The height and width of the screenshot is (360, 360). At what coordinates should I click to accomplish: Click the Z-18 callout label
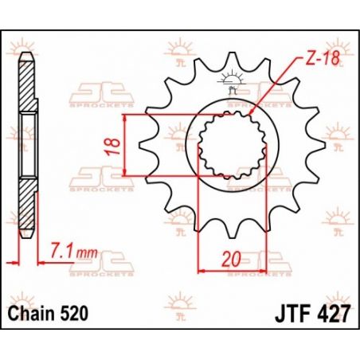pyautogui.click(x=323, y=58)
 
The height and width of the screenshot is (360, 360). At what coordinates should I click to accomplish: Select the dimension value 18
pyautogui.click(x=112, y=146)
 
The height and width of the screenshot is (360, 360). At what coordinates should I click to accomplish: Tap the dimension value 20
pyautogui.click(x=232, y=259)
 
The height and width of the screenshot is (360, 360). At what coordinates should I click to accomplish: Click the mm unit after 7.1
pyautogui.click(x=87, y=253)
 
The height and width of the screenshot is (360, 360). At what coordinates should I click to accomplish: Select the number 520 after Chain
pyautogui.click(x=75, y=314)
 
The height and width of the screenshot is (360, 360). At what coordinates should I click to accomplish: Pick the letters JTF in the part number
pyautogui.click(x=293, y=314)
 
